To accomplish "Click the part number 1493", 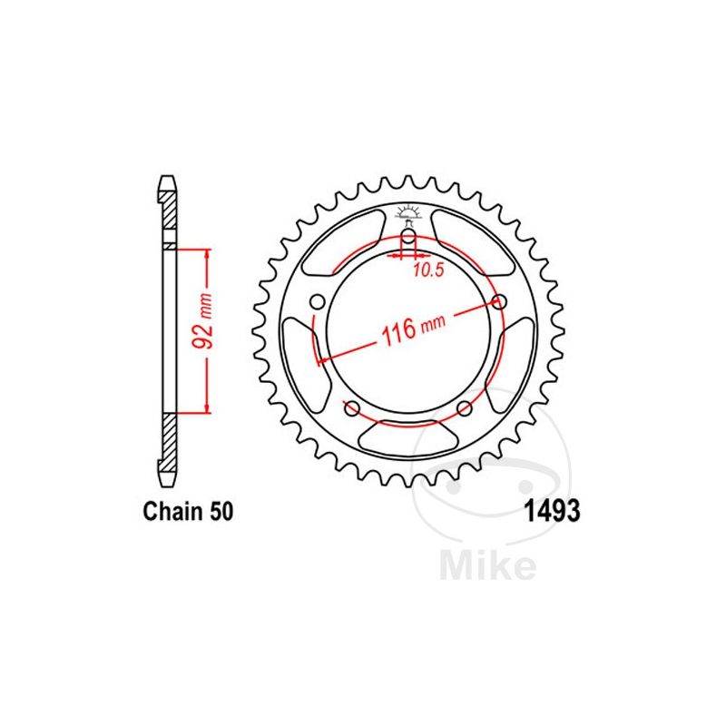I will (549, 512).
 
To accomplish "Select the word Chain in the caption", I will (175, 513).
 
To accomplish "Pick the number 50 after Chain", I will (222, 513).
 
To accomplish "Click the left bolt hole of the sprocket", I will (317, 301).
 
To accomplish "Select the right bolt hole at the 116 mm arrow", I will (498, 301).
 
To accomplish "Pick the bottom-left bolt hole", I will (351, 407).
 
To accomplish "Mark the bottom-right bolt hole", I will (464, 407).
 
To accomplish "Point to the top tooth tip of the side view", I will (167, 179).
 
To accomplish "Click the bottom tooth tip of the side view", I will (167, 478).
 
